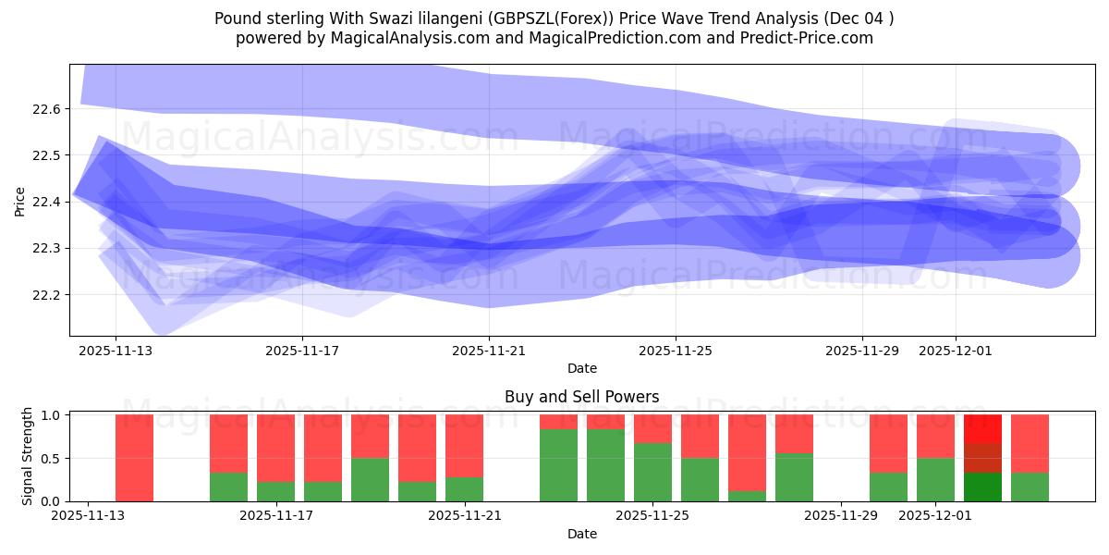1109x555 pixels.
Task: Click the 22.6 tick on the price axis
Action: click(45, 109)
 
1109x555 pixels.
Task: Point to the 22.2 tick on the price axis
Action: click(45, 295)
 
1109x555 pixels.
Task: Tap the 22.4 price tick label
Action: click(45, 202)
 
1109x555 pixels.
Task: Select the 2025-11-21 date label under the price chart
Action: click(489, 351)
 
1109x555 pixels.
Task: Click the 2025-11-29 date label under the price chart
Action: click(862, 351)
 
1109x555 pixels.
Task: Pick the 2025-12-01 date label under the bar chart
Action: click(936, 516)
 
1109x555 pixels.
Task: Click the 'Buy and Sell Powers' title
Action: click(581, 397)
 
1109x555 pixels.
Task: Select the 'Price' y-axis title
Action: click(20, 201)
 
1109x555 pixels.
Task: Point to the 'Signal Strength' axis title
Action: click(28, 456)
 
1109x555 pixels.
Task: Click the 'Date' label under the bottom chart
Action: click(581, 534)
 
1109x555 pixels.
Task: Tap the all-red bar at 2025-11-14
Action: click(134, 458)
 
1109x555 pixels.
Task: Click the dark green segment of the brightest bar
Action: click(982, 487)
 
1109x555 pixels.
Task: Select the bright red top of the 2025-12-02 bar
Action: click(982, 428)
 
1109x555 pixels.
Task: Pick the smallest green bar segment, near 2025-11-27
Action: click(747, 496)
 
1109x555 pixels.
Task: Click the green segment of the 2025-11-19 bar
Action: click(370, 479)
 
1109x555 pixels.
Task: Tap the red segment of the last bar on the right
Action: click(1030, 443)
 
